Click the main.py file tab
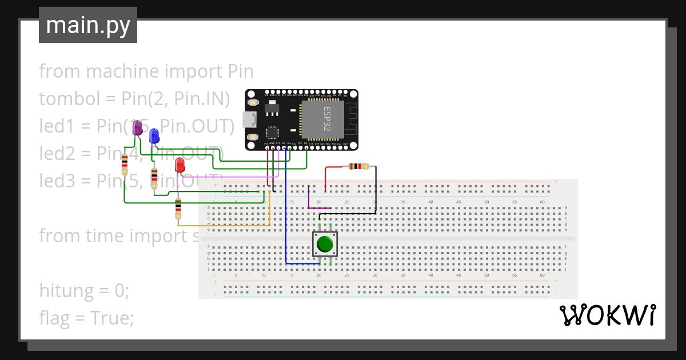[88, 25]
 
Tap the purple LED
[137, 129]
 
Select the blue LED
[154, 136]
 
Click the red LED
[180, 165]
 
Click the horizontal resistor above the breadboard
[358, 167]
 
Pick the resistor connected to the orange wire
[178, 209]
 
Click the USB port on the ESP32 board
[249, 119]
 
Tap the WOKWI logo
[607, 315]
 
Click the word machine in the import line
[122, 71]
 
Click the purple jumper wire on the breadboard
[309, 198]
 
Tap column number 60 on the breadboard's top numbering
[542, 202]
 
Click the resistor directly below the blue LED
[154, 178]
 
